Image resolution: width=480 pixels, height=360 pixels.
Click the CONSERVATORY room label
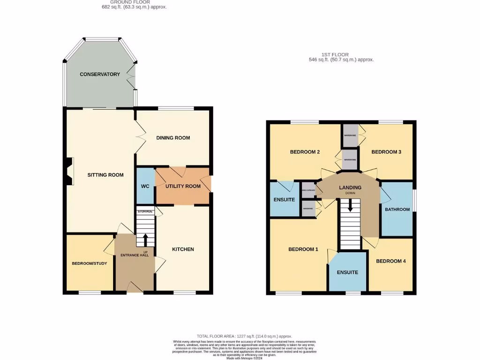pos(99,74)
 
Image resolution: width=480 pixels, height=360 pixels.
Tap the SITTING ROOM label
pos(105,175)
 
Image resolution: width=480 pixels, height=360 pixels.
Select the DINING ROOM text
pos(173,138)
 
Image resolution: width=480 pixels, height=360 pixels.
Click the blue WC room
pos(145,186)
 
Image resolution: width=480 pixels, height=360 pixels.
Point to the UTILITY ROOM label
pos(183,186)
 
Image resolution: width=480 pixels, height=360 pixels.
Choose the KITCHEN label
pos(182,249)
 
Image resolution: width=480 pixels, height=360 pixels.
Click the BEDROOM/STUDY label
pos(89,263)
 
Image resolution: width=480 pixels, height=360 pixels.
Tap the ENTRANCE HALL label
pos(135,255)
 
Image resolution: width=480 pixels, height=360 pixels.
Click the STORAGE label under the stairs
pos(145,212)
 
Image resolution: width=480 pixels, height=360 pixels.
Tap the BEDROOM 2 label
pos(305,152)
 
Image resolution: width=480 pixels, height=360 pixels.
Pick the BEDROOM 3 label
pos(386,152)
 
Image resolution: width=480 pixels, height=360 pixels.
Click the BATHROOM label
pos(397,210)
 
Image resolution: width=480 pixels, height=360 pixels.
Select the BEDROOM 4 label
pos(390,261)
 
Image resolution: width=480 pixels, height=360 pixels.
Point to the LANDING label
pos(350,187)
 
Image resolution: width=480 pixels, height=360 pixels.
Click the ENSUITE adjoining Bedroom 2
pos(284,200)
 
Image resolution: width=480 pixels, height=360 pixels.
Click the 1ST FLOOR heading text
pos(335,54)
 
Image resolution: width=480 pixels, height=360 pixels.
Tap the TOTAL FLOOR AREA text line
pos(244,336)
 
